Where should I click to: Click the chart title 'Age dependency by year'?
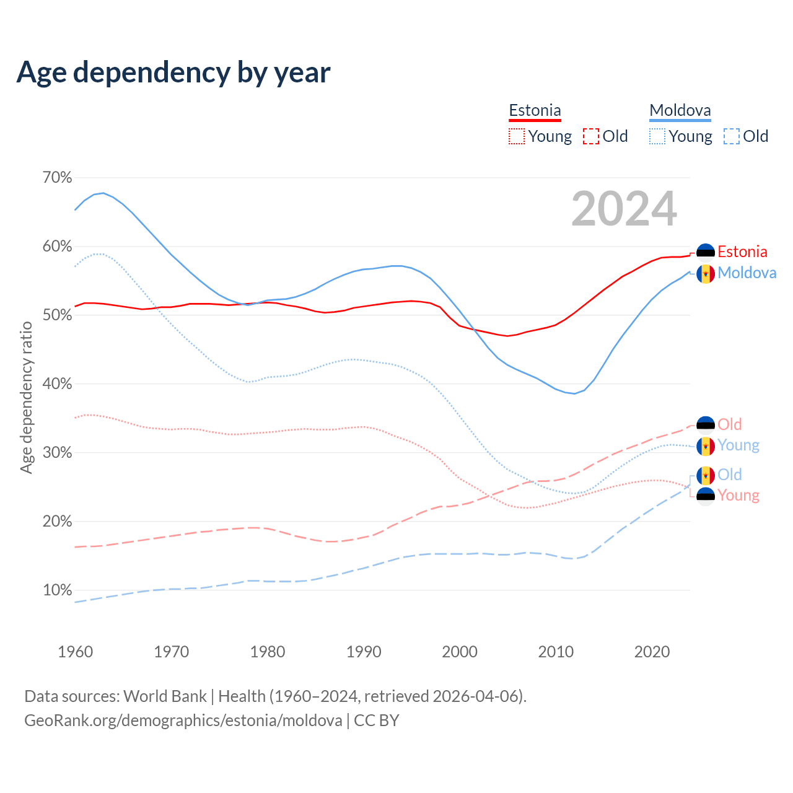coord(173,72)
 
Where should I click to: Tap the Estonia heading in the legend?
coord(535,111)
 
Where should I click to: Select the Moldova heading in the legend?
coord(680,111)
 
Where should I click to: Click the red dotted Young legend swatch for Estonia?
coord(516,136)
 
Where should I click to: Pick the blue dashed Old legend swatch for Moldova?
coord(731,136)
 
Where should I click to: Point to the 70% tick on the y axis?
coord(57,178)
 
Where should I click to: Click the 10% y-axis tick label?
coord(57,590)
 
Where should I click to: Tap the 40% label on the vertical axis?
coord(57,384)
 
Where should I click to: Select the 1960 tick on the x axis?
coord(75,652)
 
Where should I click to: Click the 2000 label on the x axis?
coord(460,652)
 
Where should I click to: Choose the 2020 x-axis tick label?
coord(652,652)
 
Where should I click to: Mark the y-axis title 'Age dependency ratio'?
coord(26,397)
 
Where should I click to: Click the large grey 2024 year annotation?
coord(624,209)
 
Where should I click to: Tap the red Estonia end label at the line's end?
coord(742,252)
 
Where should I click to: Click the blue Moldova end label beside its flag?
coord(747,273)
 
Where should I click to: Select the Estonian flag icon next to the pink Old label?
coord(706,425)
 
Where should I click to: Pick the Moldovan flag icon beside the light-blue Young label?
coord(706,446)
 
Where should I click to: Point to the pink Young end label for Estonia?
coord(738,496)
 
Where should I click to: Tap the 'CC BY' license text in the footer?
coord(377,721)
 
